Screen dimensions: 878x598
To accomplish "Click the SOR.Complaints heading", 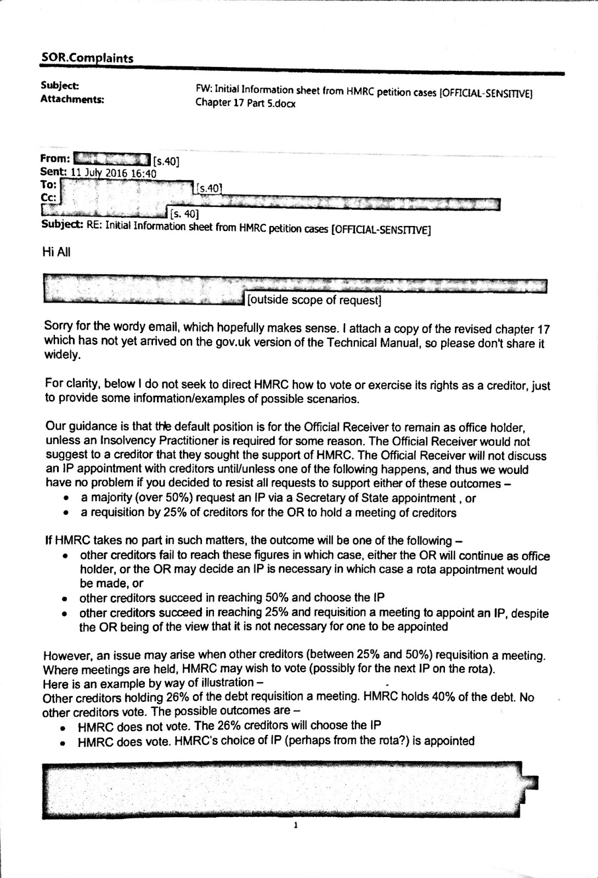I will pyautogui.click(x=87, y=58).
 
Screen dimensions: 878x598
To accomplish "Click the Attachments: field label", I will pyautogui.click(x=72, y=99).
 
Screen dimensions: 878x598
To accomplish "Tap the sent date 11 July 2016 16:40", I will pyautogui.click(x=114, y=173).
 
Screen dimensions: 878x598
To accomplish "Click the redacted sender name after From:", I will pyautogui.click(x=111, y=160).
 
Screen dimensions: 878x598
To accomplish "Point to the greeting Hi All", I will pyautogui.click(x=57, y=252).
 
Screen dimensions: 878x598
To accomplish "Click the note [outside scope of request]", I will pyautogui.click(x=314, y=300).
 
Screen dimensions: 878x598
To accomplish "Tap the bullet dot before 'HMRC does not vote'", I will pyautogui.click(x=64, y=728).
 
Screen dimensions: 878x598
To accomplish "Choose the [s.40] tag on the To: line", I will pyautogui.click(x=209, y=189).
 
